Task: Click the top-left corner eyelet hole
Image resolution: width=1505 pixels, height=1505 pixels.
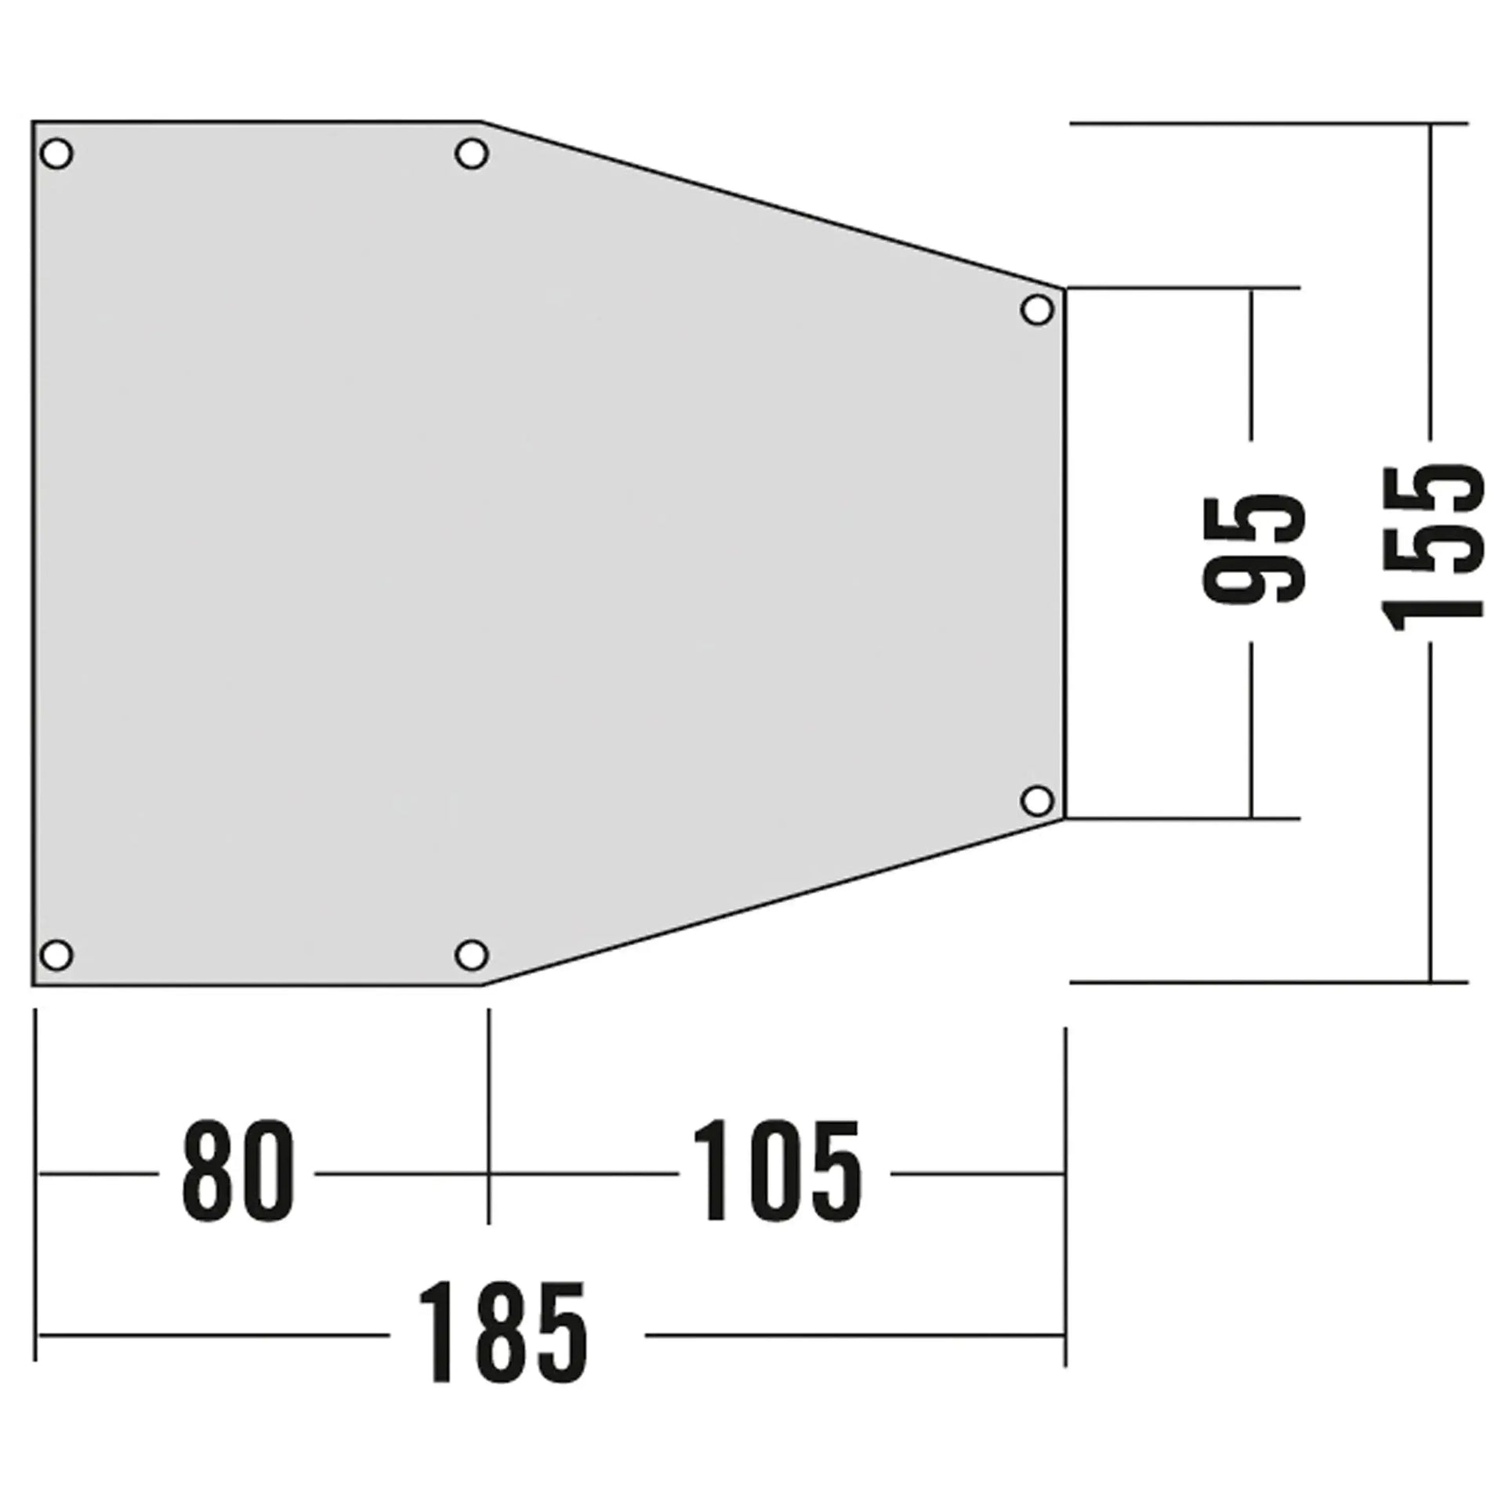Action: pos(56,154)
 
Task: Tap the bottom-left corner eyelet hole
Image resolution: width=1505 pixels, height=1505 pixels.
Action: pos(56,955)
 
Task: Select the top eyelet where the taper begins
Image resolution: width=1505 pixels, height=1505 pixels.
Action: pos(471,154)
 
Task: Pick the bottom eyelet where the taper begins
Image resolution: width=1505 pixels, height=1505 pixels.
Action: pos(471,955)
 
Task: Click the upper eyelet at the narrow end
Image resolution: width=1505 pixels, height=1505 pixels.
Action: pos(1037,310)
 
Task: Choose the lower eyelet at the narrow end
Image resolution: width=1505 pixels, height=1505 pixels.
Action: pos(1037,800)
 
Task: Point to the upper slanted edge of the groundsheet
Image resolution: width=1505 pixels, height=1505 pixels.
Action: pos(772,205)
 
